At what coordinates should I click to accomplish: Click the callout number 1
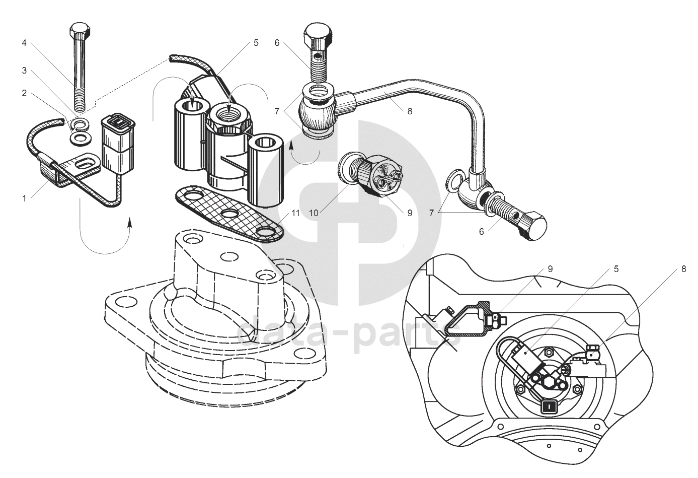pyautogui.click(x=24, y=198)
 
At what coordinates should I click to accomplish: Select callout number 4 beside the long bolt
pyautogui.click(x=24, y=43)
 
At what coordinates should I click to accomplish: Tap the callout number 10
pyautogui.click(x=314, y=213)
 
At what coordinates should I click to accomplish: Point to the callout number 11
pyautogui.click(x=296, y=213)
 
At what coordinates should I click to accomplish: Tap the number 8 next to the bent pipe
pyautogui.click(x=410, y=111)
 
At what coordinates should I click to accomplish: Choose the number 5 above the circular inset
pyautogui.click(x=616, y=269)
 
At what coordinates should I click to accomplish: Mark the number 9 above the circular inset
pyautogui.click(x=550, y=269)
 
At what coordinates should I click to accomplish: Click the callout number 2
pyautogui.click(x=24, y=93)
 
